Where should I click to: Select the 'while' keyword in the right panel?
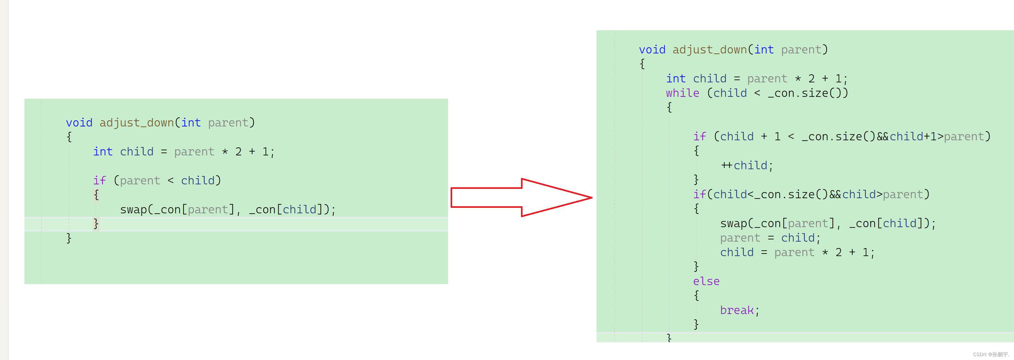[682, 93]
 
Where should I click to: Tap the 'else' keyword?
[706, 281]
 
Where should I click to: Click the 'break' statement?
[737, 310]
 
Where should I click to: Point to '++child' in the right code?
[746, 165]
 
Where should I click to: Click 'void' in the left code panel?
[79, 123]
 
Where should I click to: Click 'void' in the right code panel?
[652, 50]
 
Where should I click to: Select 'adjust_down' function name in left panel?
[137, 123]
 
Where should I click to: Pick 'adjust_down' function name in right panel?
[709, 50]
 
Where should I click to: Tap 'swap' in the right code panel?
[733, 224]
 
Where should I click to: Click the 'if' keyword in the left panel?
[99, 181]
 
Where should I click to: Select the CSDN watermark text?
[991, 355]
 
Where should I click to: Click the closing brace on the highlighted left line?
[96, 224]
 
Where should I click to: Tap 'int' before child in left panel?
[103, 152]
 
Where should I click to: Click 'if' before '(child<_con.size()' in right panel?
[699, 195]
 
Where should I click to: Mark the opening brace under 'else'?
[696, 295]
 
